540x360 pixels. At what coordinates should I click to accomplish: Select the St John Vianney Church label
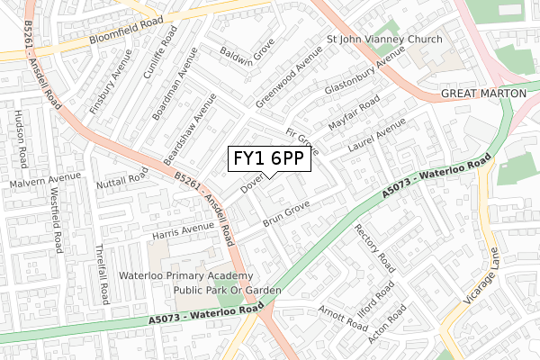tap(384, 40)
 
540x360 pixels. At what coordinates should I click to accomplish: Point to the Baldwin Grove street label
tap(247, 55)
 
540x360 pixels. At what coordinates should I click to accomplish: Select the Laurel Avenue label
tap(377, 139)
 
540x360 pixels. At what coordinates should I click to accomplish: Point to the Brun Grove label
tap(286, 213)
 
